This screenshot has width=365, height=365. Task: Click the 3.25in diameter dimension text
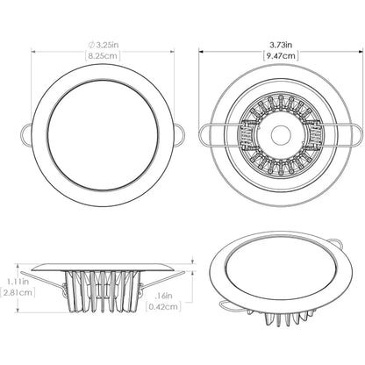tap(98, 42)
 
